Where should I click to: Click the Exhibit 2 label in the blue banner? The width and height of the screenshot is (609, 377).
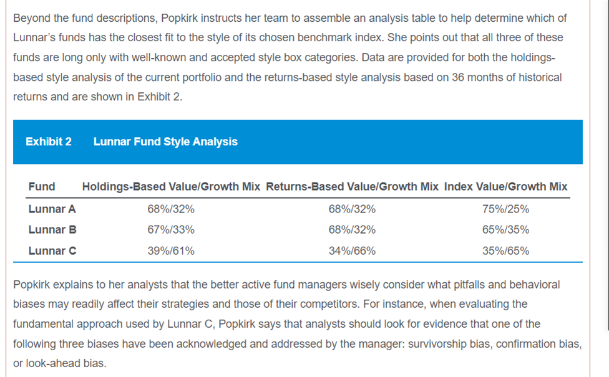[49, 142]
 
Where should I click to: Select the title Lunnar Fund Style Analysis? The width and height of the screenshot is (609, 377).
[165, 142]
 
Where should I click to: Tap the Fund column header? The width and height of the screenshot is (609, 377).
[42, 186]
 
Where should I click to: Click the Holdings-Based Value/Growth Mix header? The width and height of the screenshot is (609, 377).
[171, 186]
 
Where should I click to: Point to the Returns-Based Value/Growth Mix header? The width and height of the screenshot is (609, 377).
[352, 186]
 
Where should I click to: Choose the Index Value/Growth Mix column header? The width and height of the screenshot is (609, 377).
[505, 186]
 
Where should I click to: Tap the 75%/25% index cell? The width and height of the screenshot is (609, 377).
[505, 209]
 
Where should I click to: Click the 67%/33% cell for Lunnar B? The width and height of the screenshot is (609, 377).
[171, 230]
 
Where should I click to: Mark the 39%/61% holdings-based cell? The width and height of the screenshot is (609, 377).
[171, 251]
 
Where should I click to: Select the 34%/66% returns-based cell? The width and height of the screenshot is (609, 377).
[352, 251]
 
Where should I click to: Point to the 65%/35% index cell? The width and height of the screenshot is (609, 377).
[505, 230]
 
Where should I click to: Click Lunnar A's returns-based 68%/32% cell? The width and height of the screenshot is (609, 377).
[352, 209]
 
